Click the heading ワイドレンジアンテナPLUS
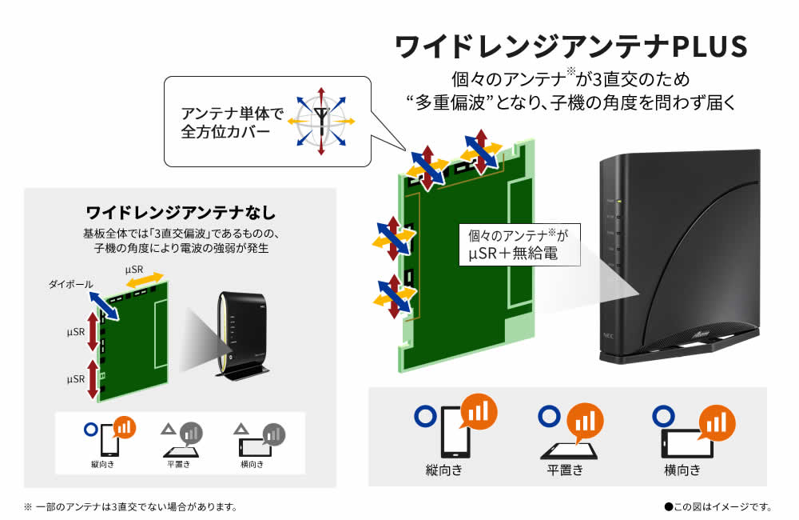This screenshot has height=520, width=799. (571, 47)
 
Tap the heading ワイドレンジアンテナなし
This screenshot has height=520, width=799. (181, 213)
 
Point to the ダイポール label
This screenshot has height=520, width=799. (71, 284)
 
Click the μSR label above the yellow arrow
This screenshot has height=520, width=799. (133, 270)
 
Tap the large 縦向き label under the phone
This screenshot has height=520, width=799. (444, 470)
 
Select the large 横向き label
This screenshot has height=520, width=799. (682, 470)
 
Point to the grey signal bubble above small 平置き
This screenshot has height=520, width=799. (191, 433)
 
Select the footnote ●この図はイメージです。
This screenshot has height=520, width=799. (718, 506)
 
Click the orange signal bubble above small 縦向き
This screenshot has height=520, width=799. (123, 427)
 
